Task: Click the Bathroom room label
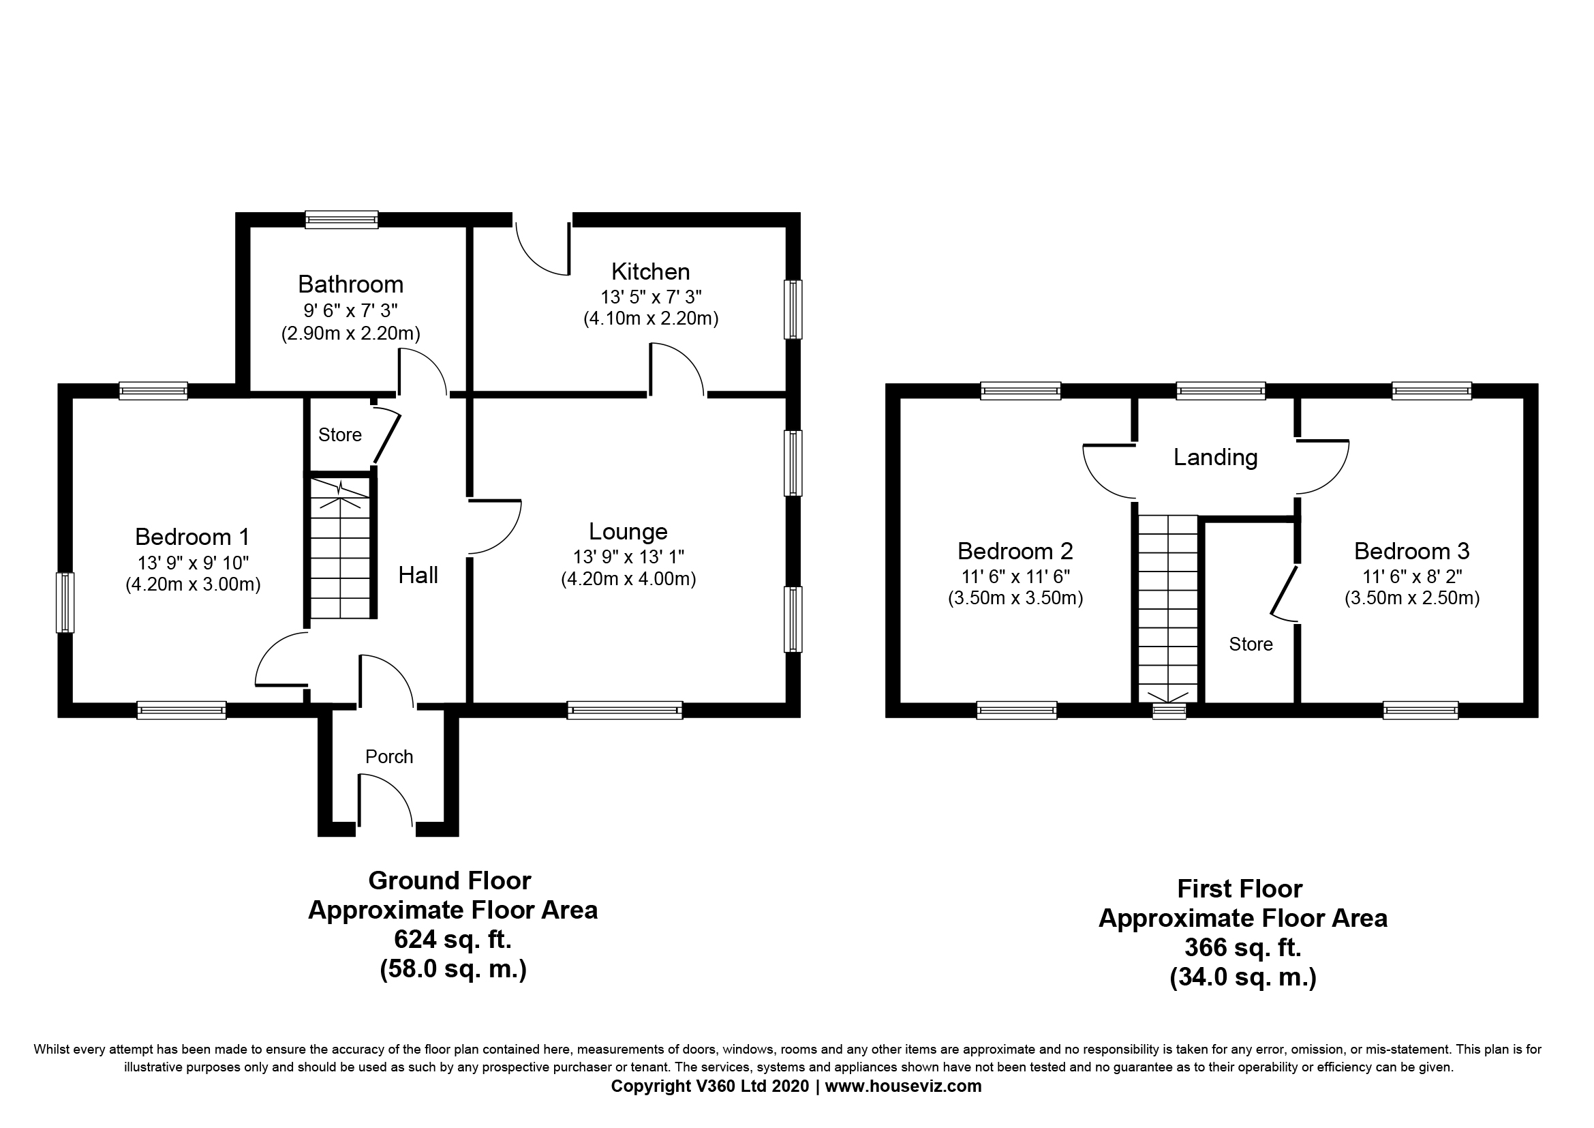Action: (x=350, y=284)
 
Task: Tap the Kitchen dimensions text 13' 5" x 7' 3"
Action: (x=652, y=297)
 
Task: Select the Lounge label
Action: (x=628, y=531)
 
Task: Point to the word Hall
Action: (x=418, y=575)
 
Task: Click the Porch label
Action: (x=390, y=756)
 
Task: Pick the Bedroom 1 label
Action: (x=192, y=537)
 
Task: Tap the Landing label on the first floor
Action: (x=1216, y=457)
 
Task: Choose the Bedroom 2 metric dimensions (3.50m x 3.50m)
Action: (x=1015, y=598)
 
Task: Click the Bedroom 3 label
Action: (x=1412, y=551)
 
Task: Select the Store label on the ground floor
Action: (x=340, y=435)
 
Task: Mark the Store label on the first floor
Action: (x=1251, y=644)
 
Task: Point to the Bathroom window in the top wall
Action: (x=342, y=220)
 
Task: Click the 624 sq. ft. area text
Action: (x=453, y=940)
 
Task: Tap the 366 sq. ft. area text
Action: (x=1243, y=947)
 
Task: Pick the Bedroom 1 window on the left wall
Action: (x=65, y=602)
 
